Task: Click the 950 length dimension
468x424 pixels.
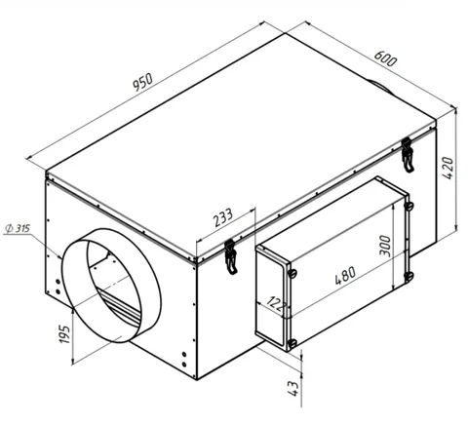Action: tap(142, 82)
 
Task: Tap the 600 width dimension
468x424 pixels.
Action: tap(385, 58)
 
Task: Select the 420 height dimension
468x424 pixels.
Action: tap(448, 168)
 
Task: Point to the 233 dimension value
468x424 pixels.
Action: tap(223, 217)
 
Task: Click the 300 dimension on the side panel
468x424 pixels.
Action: tap(386, 247)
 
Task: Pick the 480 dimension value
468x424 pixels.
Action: tap(345, 276)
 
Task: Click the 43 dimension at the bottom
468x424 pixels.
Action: tap(293, 389)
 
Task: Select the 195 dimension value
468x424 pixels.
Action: tap(65, 334)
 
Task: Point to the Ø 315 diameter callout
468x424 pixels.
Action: tap(19, 228)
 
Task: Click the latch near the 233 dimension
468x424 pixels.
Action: tap(230, 256)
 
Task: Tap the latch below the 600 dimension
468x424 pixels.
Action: tap(408, 155)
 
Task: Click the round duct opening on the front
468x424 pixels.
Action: tap(111, 286)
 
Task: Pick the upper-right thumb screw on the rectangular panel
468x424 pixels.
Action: tap(409, 206)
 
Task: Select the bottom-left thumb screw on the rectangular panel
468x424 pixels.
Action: tap(292, 343)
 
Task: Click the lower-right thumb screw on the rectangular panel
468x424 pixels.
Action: tap(409, 276)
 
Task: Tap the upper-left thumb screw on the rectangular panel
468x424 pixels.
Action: tap(292, 273)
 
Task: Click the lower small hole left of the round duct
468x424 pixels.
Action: tap(58, 291)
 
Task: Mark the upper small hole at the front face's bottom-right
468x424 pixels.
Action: tap(184, 354)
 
